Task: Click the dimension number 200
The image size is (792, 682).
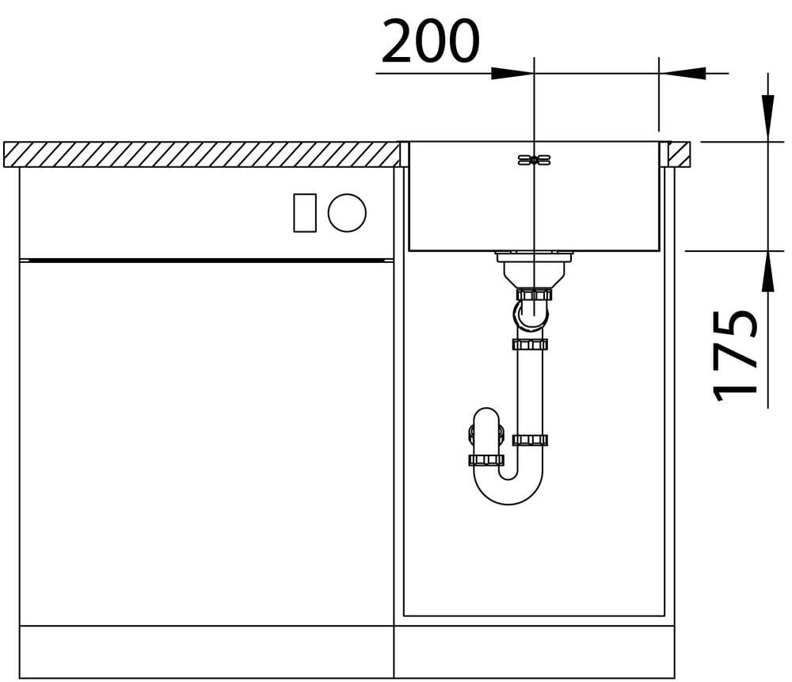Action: coord(430,41)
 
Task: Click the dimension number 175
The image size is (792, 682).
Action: coord(735,356)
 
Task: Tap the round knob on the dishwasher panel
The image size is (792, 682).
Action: coord(347,213)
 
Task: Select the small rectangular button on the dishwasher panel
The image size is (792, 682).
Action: coord(305,213)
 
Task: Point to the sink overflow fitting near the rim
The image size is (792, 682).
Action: coord(535,160)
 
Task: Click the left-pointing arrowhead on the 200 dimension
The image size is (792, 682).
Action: coord(683,73)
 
